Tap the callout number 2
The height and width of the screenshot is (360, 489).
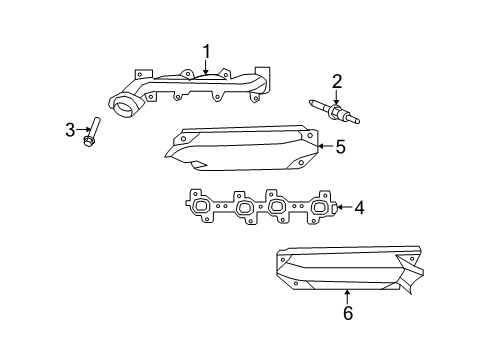pos(337,80)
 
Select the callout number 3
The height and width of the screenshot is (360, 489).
pos(70,128)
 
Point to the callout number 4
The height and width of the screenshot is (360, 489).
pos(358,209)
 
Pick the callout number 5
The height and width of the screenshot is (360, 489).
pos(340,147)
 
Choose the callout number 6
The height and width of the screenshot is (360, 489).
pos(347,313)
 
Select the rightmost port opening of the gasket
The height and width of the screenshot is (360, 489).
pos(319,210)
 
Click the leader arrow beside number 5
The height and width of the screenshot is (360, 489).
pos(324,147)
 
